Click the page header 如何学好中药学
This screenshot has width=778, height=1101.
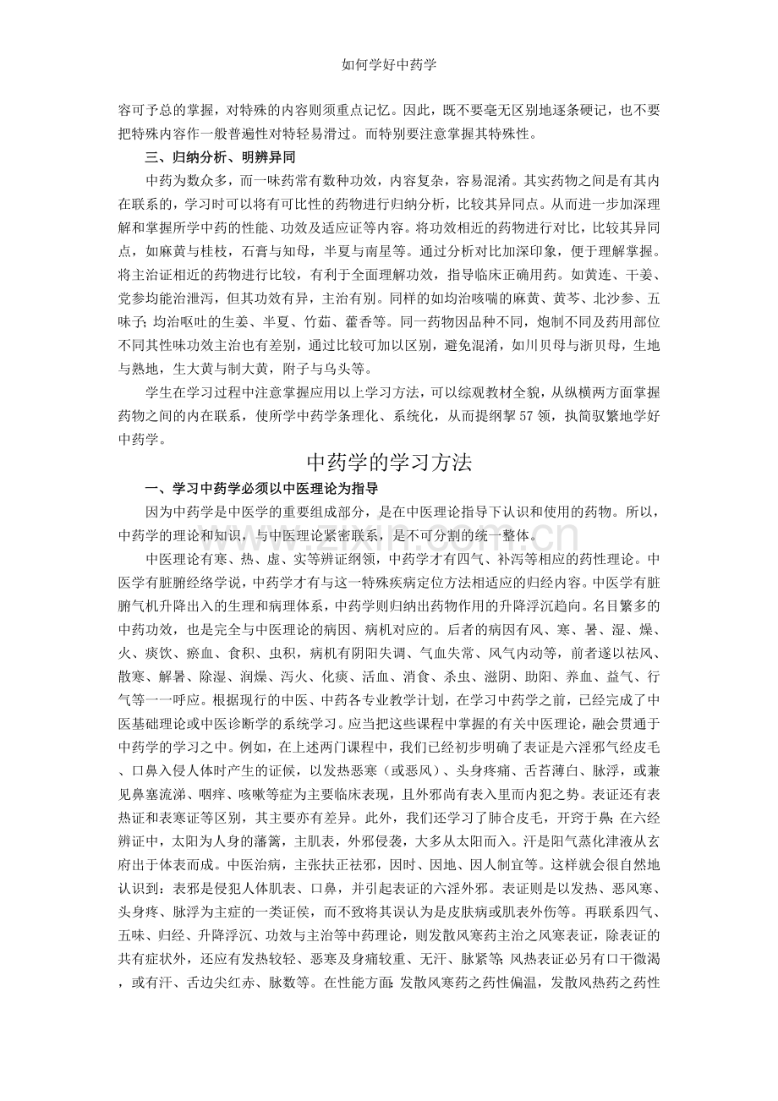(388, 63)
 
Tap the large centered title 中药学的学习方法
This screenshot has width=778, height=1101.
(388, 463)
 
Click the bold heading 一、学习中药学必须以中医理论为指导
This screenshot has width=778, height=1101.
(261, 489)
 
